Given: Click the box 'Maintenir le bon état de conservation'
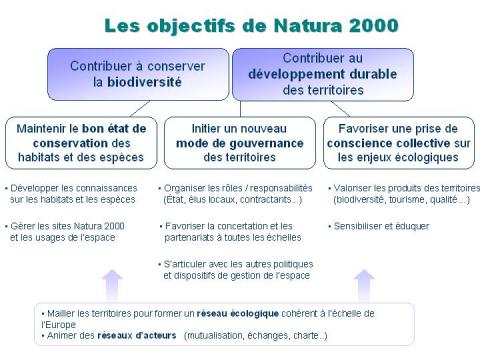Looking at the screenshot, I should point(81,142).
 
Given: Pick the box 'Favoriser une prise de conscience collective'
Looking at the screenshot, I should point(398,142).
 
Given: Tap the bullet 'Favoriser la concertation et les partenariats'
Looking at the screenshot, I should point(234,231).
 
